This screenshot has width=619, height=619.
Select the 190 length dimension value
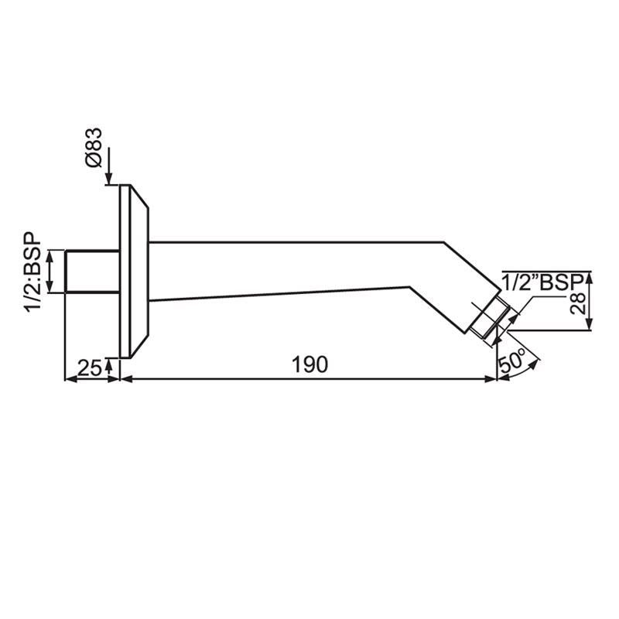[x=309, y=364]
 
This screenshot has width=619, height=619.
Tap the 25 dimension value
[x=91, y=368]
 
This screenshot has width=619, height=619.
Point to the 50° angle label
[x=514, y=361]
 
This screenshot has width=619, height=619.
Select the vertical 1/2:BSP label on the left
[x=33, y=272]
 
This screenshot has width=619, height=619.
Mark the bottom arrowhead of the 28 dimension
[x=590, y=327]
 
